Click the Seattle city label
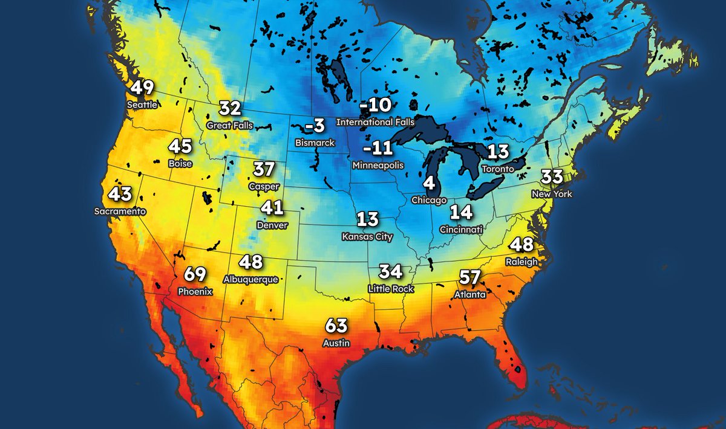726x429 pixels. tap(142, 105)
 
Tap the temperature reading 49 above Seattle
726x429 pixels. tap(142, 88)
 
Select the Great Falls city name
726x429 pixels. tap(230, 126)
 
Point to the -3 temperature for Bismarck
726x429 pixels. tap(315, 126)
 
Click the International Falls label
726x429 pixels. tap(375, 122)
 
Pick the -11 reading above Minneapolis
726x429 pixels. tap(378, 149)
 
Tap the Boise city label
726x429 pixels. tap(180, 163)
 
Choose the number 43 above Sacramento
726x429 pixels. tap(120, 195)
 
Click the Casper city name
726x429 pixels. tap(264, 187)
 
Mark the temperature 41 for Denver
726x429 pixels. tap(272, 208)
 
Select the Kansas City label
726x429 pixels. tap(367, 237)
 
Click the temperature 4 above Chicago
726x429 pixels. tap(429, 183)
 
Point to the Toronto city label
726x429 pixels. tap(497, 169)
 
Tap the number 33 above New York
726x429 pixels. tap(552, 177)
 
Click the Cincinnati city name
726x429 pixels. tap(461, 230)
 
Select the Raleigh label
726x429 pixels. tap(521, 262)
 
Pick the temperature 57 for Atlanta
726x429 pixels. tap(469, 278)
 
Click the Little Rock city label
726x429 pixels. tap(391, 289)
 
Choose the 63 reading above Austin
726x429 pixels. tap(337, 326)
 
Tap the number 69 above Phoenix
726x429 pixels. tap(195, 274)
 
